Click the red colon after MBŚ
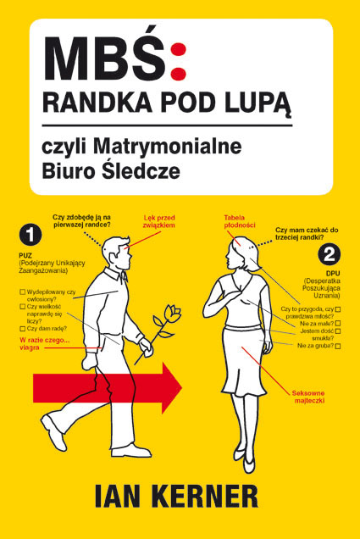coord(179,63)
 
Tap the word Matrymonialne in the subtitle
coord(168,147)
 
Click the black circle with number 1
coord(30,235)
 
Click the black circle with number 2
coord(330,254)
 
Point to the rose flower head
coord(172,313)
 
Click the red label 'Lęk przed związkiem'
coord(159,221)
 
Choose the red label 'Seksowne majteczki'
coord(309,397)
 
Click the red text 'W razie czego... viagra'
coord(45,344)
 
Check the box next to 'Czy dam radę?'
coord(23,329)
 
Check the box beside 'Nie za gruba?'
coord(338,346)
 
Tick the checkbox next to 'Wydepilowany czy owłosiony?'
coord(23,292)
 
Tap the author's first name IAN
coord(117,496)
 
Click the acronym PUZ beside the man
coord(25,256)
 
